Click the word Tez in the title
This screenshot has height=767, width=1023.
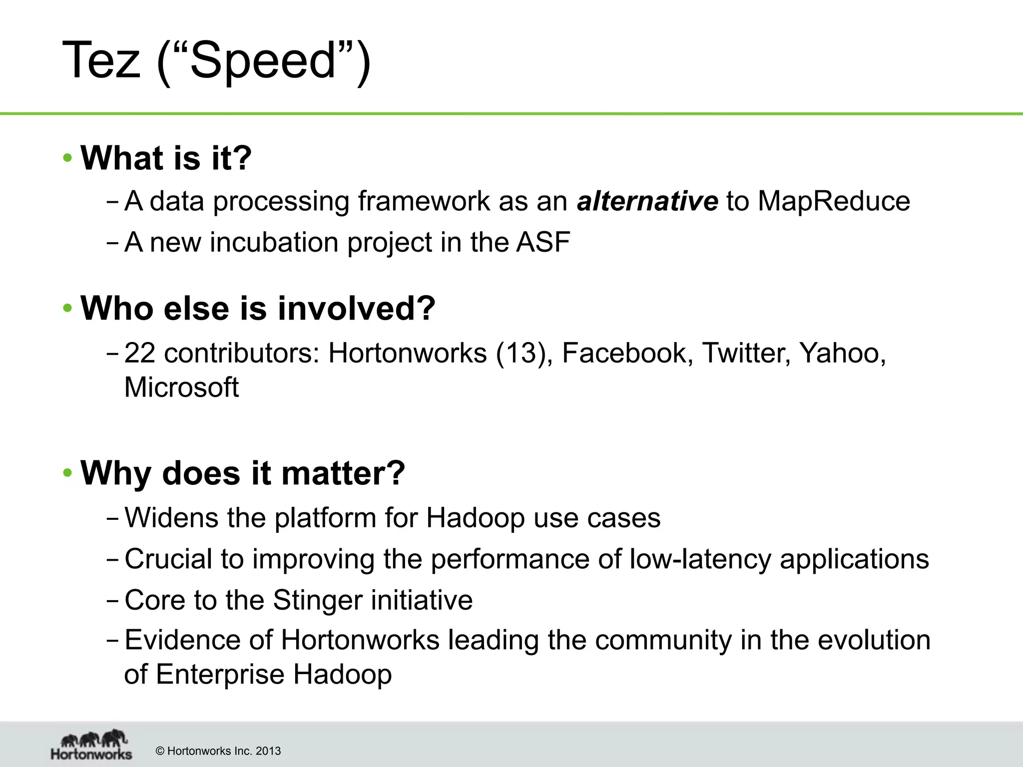coord(101,60)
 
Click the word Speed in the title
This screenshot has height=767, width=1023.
coord(263,60)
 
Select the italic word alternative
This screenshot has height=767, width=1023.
coord(647,201)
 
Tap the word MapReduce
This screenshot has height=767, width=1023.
coord(834,201)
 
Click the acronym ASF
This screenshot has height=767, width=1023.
coord(543,242)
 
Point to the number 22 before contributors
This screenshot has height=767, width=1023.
coord(139,354)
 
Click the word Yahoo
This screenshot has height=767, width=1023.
coord(842,354)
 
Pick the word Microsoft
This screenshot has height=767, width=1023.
coord(181,387)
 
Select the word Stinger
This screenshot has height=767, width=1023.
coord(318,600)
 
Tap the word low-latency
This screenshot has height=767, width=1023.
coord(700,559)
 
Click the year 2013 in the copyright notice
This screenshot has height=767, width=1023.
coord(268,751)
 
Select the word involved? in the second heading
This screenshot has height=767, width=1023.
coord(356,308)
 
